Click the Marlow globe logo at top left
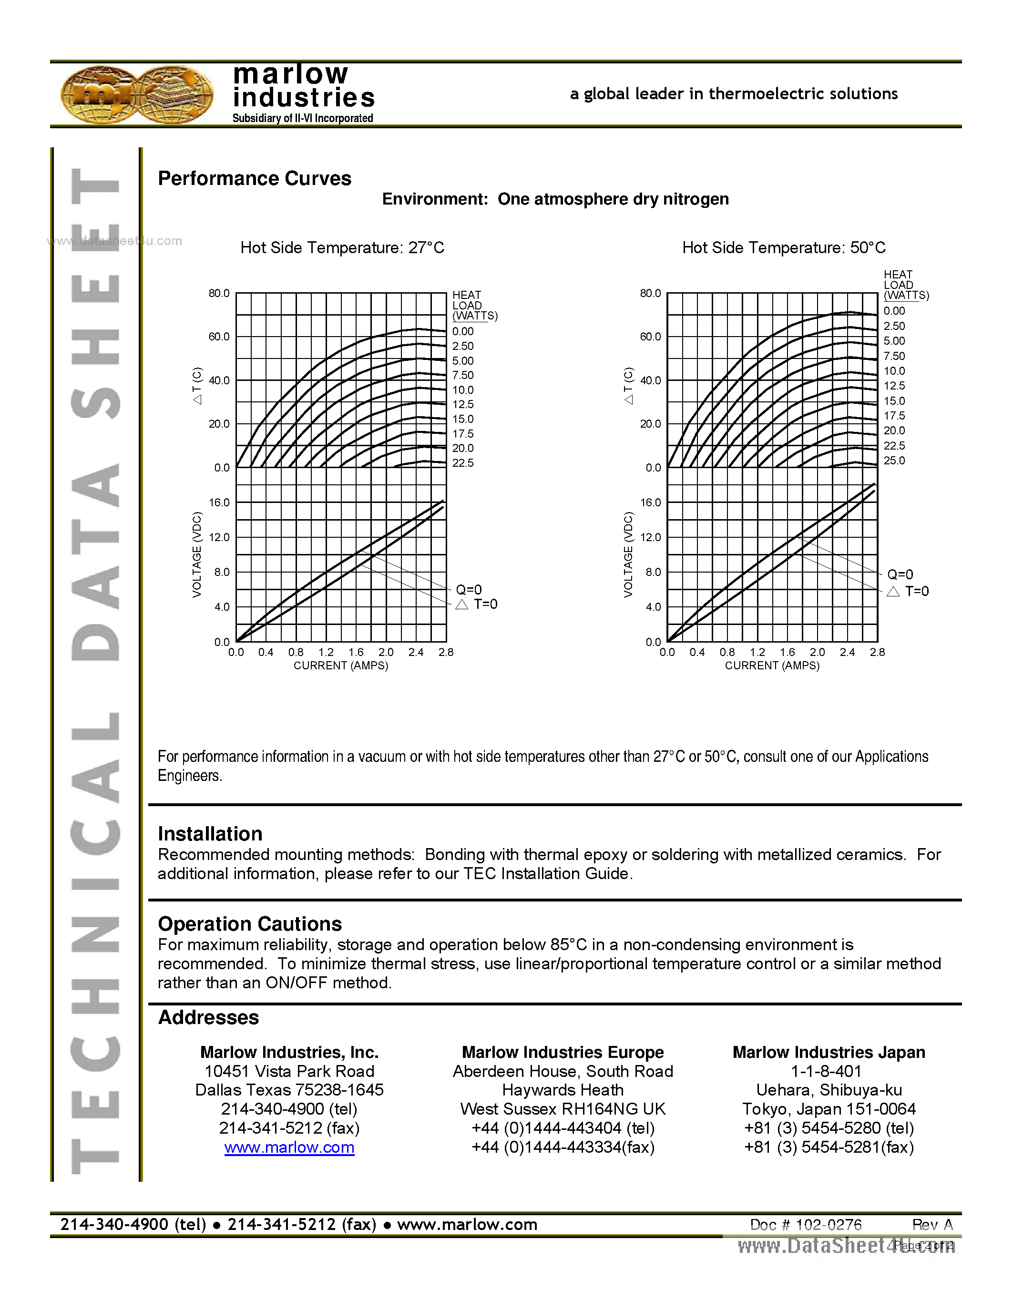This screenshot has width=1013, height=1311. pyautogui.click(x=137, y=94)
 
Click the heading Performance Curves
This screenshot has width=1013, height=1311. pyautogui.click(x=255, y=178)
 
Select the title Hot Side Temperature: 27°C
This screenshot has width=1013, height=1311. pyautogui.click(x=342, y=248)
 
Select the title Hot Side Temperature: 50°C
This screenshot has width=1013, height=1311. pyautogui.click(x=783, y=248)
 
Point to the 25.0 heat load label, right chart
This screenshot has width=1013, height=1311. pyautogui.click(x=893, y=461)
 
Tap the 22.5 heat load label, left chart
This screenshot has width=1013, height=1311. pyautogui.click(x=463, y=463)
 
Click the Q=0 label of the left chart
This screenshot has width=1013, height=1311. pyautogui.click(x=469, y=589)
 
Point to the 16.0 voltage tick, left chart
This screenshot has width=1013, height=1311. pyautogui.click(x=219, y=502)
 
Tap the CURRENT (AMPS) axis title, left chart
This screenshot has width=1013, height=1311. pyautogui.click(x=340, y=666)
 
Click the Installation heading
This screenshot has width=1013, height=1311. pyautogui.click(x=210, y=834)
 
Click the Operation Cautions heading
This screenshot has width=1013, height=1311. pyautogui.click(x=250, y=924)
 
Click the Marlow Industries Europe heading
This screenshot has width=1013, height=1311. pyautogui.click(x=563, y=1052)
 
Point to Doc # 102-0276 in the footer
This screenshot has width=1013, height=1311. pyautogui.click(x=805, y=1225)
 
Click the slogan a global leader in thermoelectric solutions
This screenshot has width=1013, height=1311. pyautogui.click(x=733, y=93)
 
